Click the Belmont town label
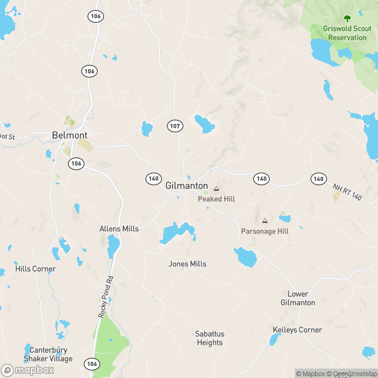coord(69,135)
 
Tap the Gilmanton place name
coord(186,186)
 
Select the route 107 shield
coord(175,126)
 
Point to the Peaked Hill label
coord(216,199)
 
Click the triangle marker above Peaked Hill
coord(216,188)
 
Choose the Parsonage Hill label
coord(265,232)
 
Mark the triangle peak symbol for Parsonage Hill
coord(265,221)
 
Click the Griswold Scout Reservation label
coord(345,33)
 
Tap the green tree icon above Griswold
coord(346,19)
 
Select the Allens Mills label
coord(119,229)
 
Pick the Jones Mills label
coord(187,264)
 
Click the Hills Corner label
coord(36,269)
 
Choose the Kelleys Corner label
coord(297,330)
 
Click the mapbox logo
coord(28,370)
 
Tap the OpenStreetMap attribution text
coord(351,374)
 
